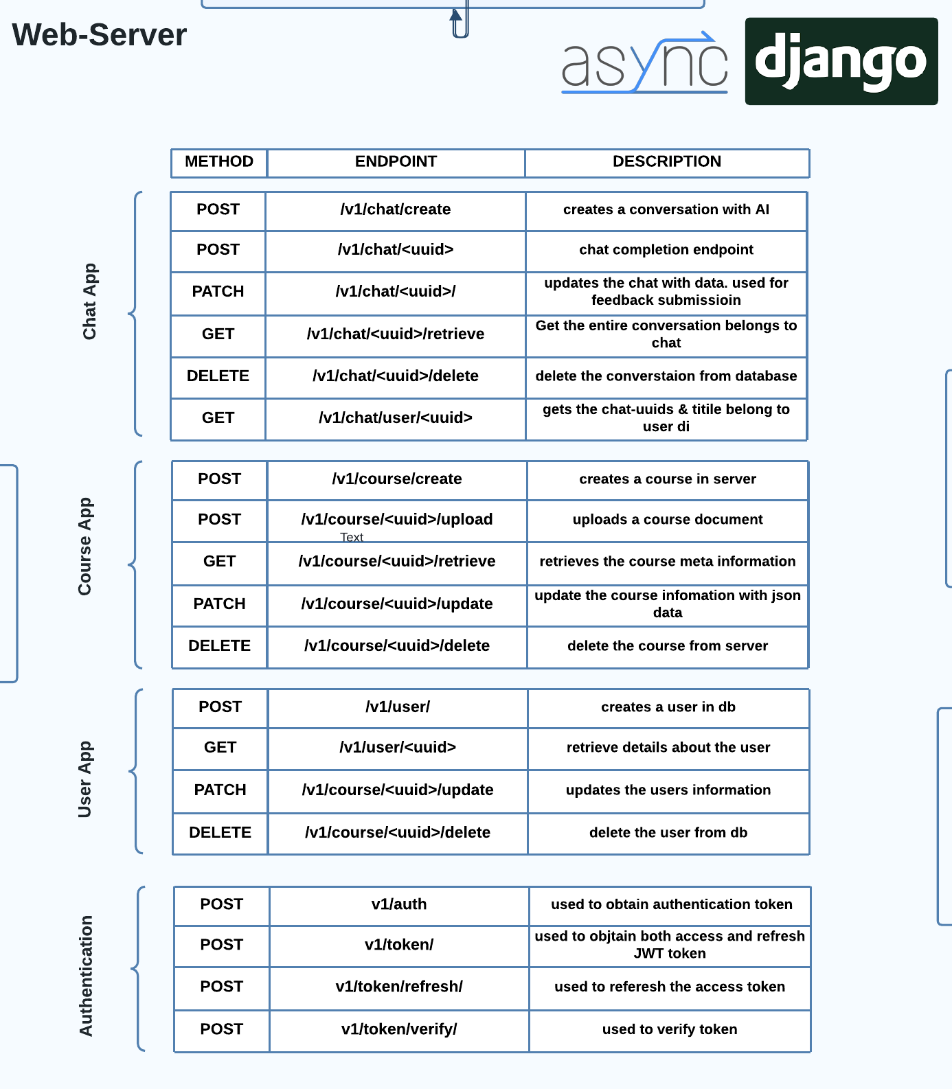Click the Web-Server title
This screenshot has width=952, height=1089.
tap(99, 35)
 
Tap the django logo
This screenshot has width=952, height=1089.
tap(841, 61)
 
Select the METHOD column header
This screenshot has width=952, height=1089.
tap(219, 161)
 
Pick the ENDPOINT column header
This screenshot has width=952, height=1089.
tap(396, 161)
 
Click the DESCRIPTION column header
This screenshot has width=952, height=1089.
tap(667, 161)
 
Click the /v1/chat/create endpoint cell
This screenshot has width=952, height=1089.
tap(396, 210)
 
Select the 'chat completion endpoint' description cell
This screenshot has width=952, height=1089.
tap(666, 250)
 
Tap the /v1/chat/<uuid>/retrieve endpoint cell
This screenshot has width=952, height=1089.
tap(396, 334)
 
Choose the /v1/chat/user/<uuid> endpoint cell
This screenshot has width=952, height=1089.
tap(396, 418)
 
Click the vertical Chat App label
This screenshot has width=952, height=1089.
tap(90, 301)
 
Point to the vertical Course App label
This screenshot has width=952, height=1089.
tap(84, 547)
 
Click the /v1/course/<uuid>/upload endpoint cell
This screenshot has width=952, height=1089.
tap(397, 520)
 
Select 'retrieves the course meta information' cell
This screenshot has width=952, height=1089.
tap(668, 562)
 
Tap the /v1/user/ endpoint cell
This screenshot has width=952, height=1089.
tap(398, 707)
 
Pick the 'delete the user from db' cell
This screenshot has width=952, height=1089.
tap(668, 833)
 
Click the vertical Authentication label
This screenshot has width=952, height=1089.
tap(86, 976)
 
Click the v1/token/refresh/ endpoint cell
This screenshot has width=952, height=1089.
tap(399, 987)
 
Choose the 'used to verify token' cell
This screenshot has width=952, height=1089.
tap(670, 1030)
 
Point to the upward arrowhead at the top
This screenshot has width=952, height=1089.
tap(456, 14)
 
